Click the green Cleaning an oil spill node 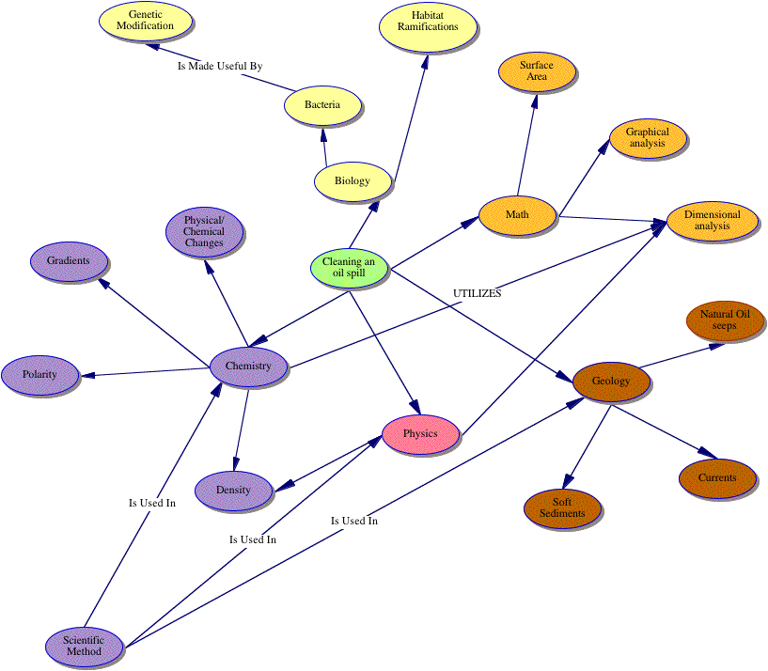click(348, 267)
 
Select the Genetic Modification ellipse click(145, 20)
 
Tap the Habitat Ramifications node click(428, 22)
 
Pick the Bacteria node click(322, 104)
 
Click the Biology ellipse click(352, 180)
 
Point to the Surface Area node click(537, 71)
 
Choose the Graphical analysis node click(648, 137)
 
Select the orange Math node click(517, 215)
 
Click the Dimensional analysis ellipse click(712, 221)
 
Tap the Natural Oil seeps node click(725, 320)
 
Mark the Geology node click(611, 382)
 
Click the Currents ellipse click(717, 477)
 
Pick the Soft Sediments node click(562, 507)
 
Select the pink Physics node click(420, 434)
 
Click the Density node click(233, 490)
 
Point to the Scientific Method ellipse click(84, 646)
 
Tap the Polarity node click(40, 374)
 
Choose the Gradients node click(69, 260)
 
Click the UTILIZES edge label click(478, 294)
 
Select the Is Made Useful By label click(220, 67)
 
